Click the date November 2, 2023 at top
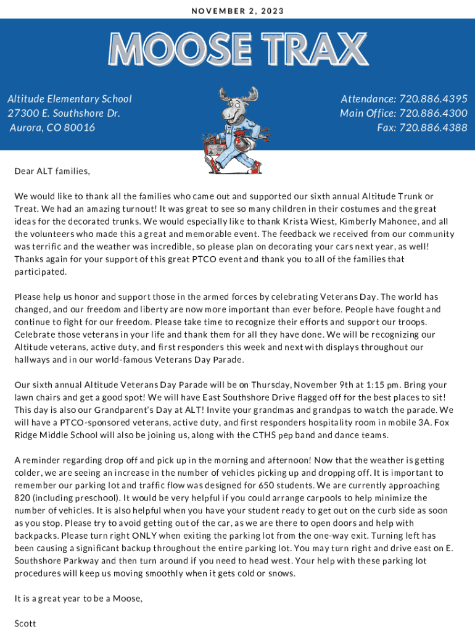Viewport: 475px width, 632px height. tap(238, 11)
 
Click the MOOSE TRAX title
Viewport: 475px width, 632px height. tap(238, 49)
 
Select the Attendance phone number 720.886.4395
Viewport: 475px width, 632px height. tap(433, 99)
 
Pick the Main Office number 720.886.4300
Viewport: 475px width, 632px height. tap(433, 113)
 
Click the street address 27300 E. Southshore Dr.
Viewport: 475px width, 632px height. tap(64, 113)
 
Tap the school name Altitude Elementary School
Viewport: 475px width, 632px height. tap(69, 99)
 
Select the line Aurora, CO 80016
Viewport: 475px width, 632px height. tap(52, 128)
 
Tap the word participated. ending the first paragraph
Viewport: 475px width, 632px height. tap(39, 272)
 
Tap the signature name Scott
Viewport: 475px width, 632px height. tap(25, 623)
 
